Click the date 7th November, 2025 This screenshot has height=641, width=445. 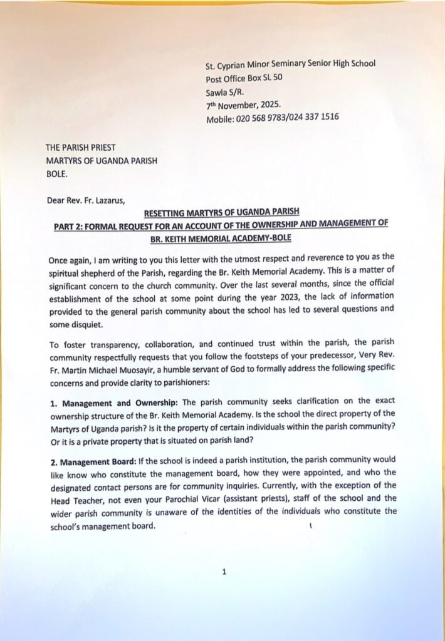point(244,105)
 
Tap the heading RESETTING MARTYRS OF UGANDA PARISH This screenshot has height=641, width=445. point(220,213)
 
